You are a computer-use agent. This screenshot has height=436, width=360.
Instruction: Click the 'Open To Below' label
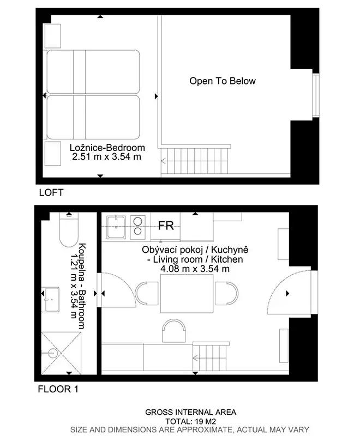[223, 81]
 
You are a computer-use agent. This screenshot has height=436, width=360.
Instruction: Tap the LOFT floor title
[51, 192]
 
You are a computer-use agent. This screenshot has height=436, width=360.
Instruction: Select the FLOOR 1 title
[58, 389]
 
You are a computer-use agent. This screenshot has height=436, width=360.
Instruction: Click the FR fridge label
[166, 226]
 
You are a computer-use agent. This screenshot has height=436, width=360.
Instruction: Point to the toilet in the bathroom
[69, 229]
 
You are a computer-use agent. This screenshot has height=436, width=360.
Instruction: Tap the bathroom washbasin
[50, 299]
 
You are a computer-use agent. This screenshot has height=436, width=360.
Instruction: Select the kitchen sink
[116, 227]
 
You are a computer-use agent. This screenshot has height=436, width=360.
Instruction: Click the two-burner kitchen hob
[137, 227]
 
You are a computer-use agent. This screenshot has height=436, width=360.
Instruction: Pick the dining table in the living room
[187, 293]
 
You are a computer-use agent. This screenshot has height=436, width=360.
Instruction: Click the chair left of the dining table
[147, 293]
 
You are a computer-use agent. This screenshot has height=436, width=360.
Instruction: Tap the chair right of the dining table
[227, 293]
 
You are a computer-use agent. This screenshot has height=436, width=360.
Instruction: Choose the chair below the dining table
[174, 331]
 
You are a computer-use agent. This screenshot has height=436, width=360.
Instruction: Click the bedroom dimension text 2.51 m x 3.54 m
[106, 156]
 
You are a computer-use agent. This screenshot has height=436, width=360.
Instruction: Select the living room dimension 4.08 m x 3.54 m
[195, 269]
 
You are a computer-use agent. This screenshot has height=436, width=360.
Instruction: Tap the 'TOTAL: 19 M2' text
[190, 421]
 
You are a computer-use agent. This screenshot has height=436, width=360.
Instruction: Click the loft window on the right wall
[315, 95]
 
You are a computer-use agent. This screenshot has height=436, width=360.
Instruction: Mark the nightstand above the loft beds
[52, 36]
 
